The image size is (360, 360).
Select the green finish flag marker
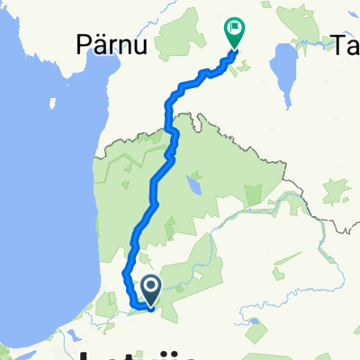(x=233, y=33)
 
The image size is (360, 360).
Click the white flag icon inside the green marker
(x=234, y=29)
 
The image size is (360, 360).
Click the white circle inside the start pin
(x=150, y=286)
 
